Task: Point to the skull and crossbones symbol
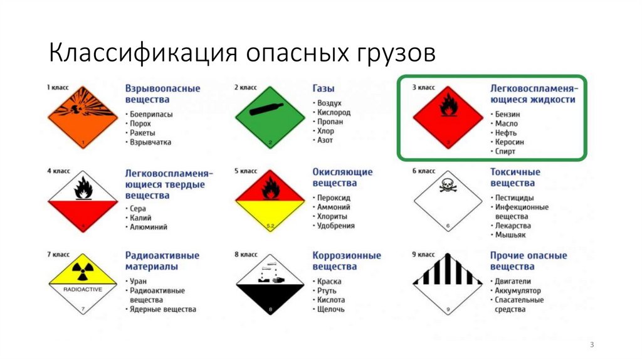(448, 185)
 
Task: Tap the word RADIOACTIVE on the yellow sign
(83, 290)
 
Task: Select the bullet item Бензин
(507, 115)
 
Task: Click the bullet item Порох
(140, 124)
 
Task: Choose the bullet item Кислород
(334, 113)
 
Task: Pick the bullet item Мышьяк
(511, 235)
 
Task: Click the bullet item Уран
(138, 282)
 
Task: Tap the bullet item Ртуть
(327, 290)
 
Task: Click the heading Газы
(324, 88)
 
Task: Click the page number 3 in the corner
(591, 346)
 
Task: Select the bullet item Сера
(138, 208)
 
